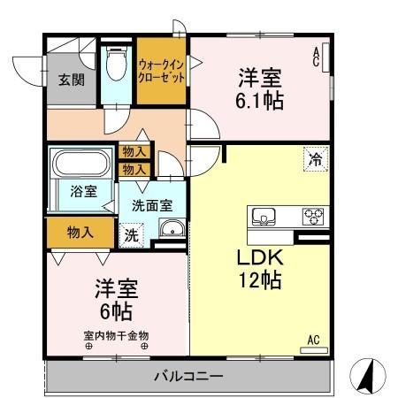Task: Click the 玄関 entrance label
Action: coord(72,80)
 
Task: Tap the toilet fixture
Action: coord(114,66)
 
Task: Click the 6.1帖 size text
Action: coord(260,101)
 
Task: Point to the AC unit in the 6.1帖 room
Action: coord(326,58)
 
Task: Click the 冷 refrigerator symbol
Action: coord(314,159)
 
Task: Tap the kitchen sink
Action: coord(264,215)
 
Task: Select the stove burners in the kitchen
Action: coord(313,215)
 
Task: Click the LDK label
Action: coord(259,258)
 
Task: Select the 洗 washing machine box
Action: coord(131,235)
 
